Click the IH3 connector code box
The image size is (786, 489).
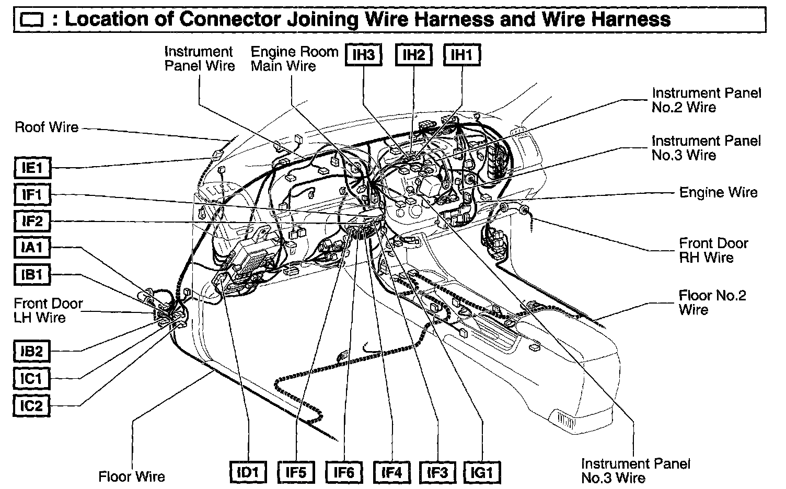click(x=364, y=55)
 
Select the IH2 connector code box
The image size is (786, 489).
click(x=413, y=55)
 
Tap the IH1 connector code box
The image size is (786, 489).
click(x=461, y=55)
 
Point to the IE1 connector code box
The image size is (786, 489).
click(x=32, y=168)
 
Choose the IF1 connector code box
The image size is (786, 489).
click(x=32, y=195)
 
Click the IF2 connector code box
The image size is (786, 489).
click(x=32, y=222)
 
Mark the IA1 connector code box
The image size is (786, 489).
click(x=32, y=248)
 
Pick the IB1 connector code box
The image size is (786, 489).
click(x=32, y=274)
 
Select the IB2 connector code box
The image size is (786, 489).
click(x=31, y=351)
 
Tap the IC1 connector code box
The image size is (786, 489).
click(x=31, y=378)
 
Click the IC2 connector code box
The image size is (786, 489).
click(x=31, y=405)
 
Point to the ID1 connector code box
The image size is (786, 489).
click(x=248, y=473)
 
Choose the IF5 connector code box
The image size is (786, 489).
click(x=296, y=473)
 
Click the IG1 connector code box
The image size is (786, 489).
click(x=482, y=473)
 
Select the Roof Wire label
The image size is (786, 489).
click(x=47, y=127)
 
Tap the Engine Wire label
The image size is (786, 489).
click(x=718, y=192)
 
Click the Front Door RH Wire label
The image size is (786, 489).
click(x=713, y=250)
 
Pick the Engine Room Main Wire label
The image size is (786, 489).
click(x=294, y=59)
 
